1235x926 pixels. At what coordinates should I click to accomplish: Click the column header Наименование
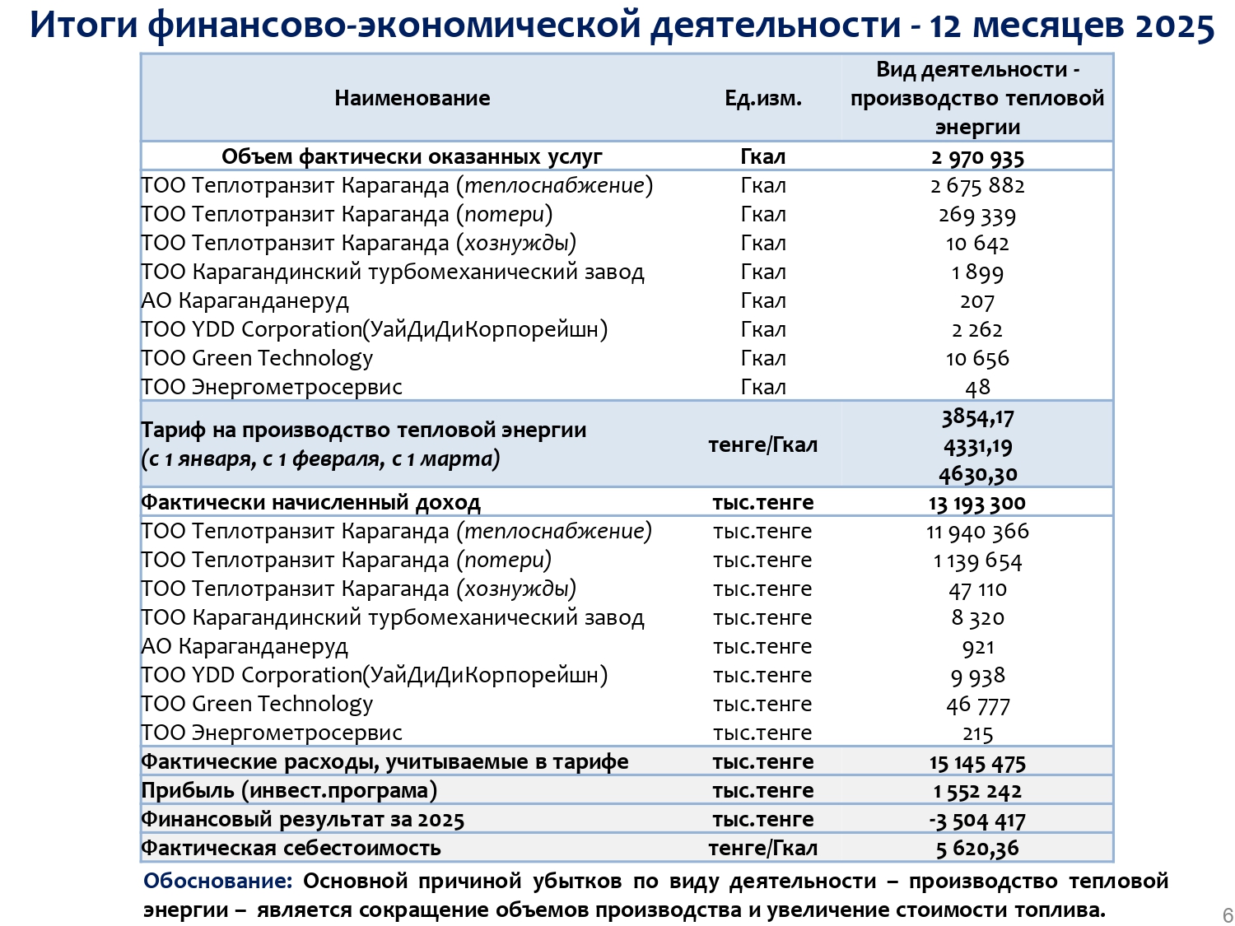(412, 98)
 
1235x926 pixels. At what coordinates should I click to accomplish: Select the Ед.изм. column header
(762, 99)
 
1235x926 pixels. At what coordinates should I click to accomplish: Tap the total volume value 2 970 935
(977, 157)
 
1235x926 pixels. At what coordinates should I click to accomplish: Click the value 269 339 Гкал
(977, 215)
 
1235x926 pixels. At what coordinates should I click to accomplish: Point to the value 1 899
(977, 272)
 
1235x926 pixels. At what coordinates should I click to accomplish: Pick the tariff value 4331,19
(977, 446)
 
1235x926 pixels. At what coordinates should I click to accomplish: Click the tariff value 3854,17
(977, 417)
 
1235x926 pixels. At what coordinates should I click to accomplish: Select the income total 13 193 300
(977, 503)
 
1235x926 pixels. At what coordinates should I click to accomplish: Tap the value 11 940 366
(977, 532)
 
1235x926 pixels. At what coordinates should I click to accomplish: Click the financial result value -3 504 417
(977, 820)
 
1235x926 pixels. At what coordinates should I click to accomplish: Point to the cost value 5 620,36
(977, 849)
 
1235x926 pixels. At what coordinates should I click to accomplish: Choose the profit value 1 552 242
(977, 791)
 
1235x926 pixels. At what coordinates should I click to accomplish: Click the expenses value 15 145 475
(977, 763)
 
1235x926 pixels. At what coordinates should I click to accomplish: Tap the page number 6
(1228, 915)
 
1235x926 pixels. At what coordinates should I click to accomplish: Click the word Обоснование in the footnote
(217, 881)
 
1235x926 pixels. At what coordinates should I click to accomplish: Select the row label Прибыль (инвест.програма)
(289, 791)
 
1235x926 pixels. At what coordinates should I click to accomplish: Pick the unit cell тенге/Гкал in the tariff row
(762, 445)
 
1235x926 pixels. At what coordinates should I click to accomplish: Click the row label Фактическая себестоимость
(291, 849)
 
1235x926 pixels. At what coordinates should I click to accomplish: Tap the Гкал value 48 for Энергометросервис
(977, 388)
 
